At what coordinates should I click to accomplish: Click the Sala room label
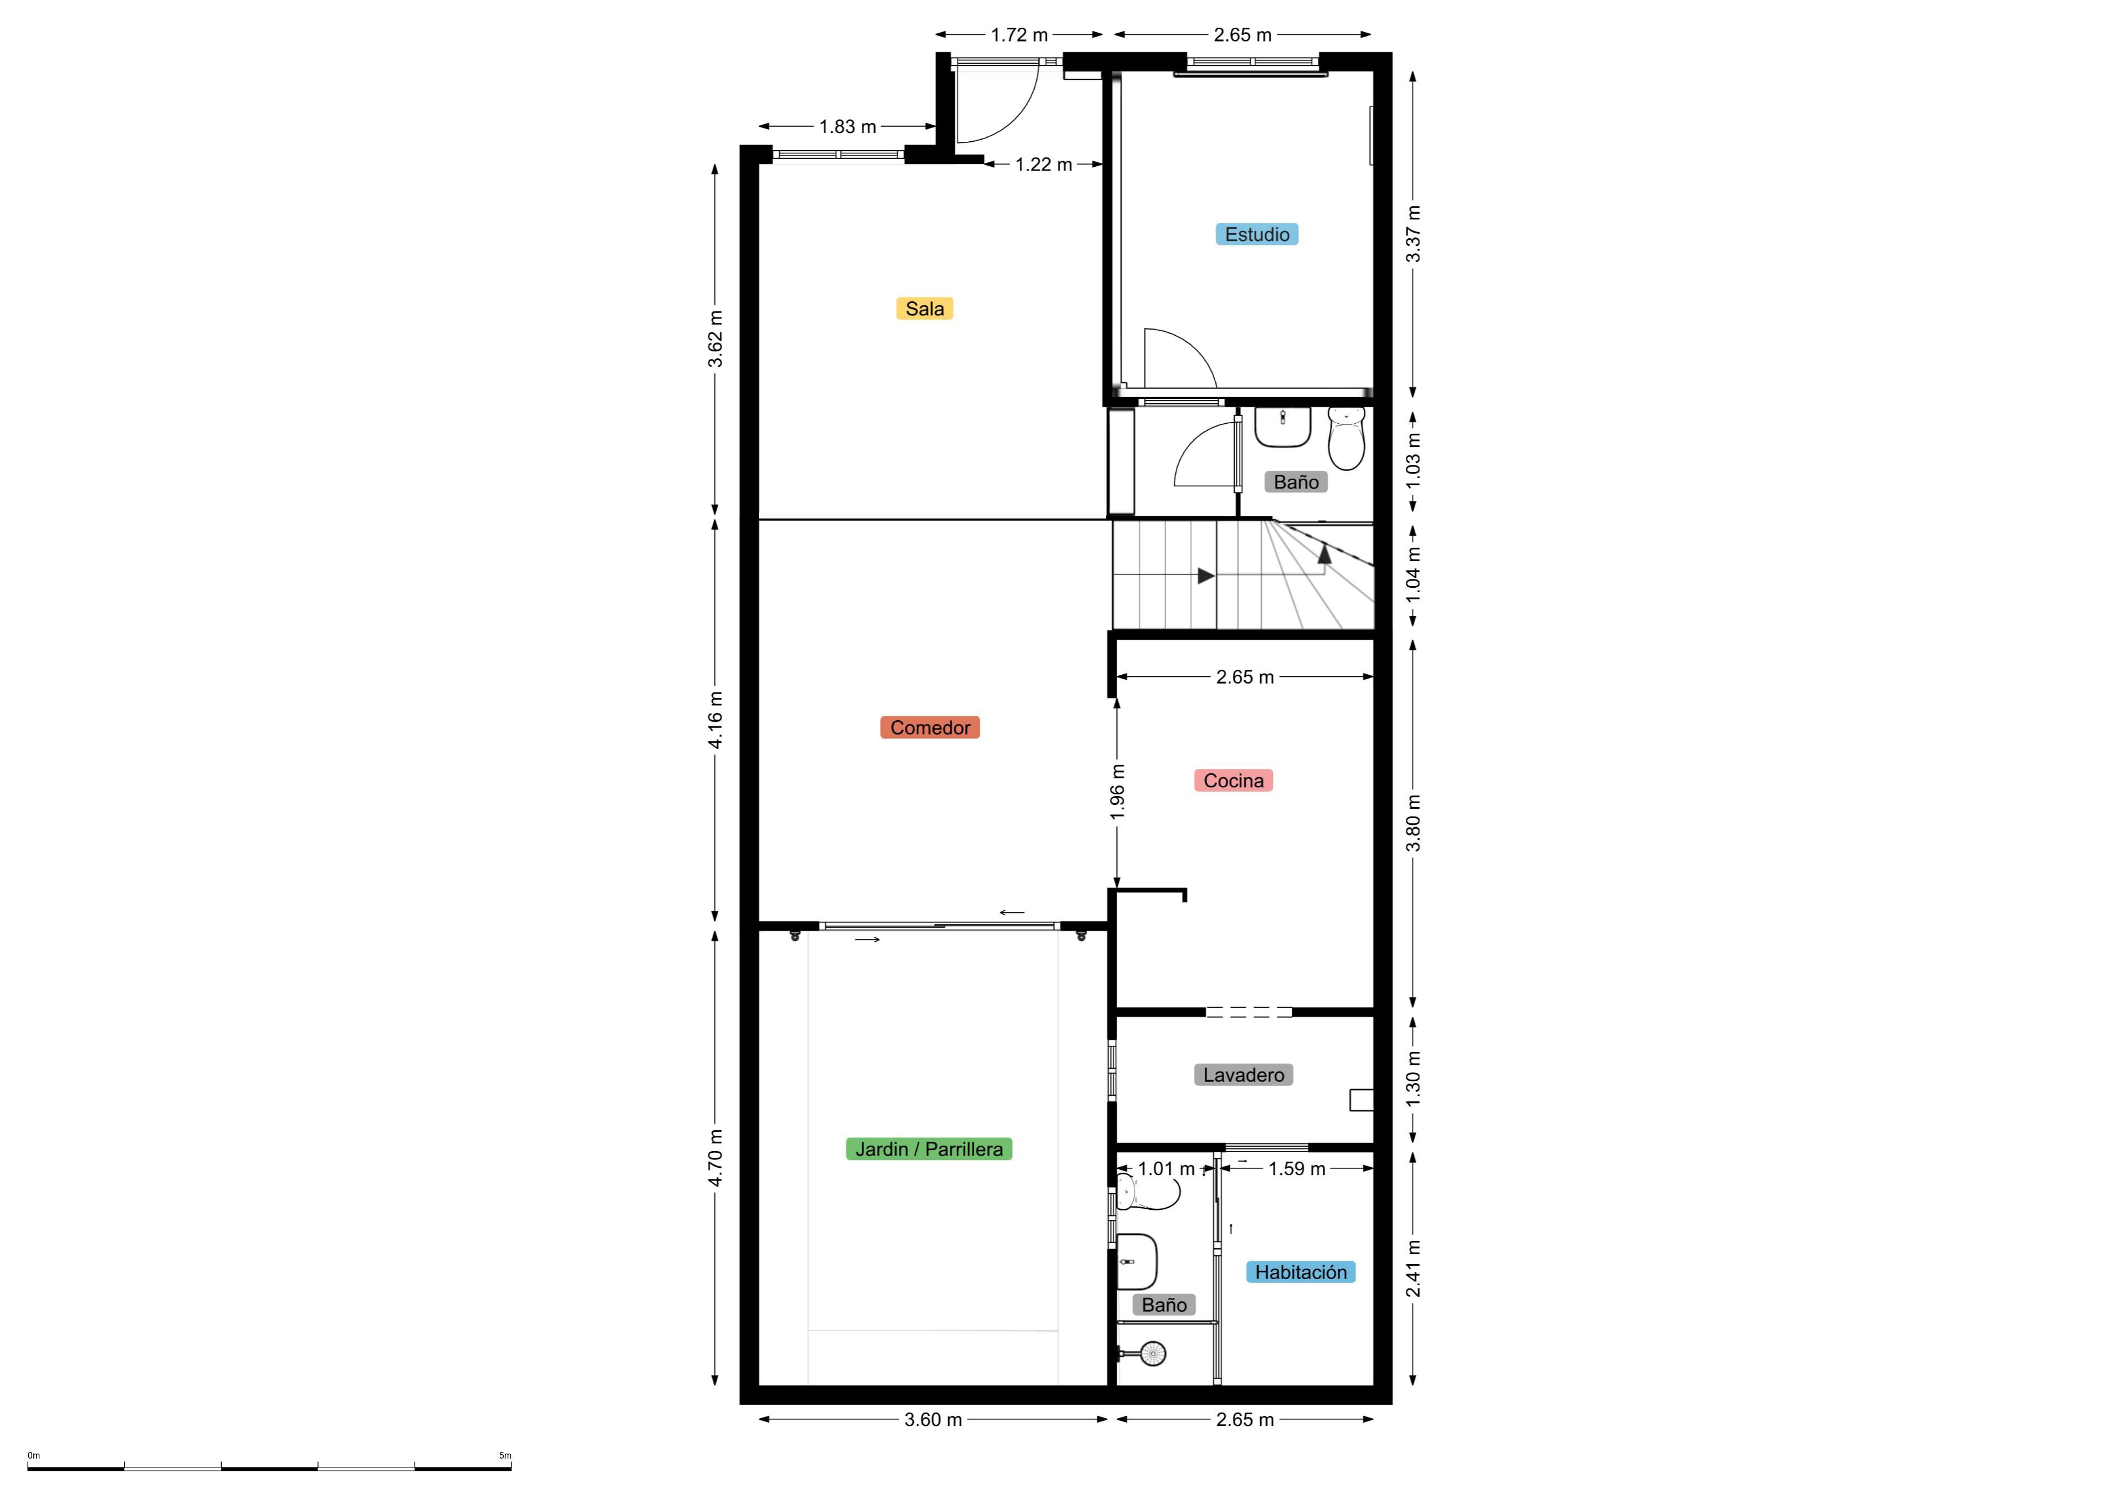tap(924, 309)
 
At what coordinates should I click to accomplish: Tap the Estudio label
tap(1257, 234)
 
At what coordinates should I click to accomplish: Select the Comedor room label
tap(929, 727)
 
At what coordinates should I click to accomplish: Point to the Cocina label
tap(1232, 781)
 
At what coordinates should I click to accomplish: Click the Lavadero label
tap(1243, 1075)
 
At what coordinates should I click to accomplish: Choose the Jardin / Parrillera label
tap(929, 1149)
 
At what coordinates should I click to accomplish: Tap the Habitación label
tap(1300, 1272)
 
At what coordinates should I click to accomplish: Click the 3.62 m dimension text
tap(715, 339)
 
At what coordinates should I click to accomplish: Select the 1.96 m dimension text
tap(1118, 792)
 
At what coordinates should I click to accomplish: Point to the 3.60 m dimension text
tap(933, 1420)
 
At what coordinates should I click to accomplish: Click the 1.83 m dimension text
tap(847, 127)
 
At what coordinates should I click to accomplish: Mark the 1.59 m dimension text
tap(1297, 1168)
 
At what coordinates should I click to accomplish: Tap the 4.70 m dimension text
tap(715, 1158)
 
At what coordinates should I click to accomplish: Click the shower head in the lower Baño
tap(1151, 1354)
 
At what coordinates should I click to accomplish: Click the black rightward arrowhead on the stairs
tap(1206, 576)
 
